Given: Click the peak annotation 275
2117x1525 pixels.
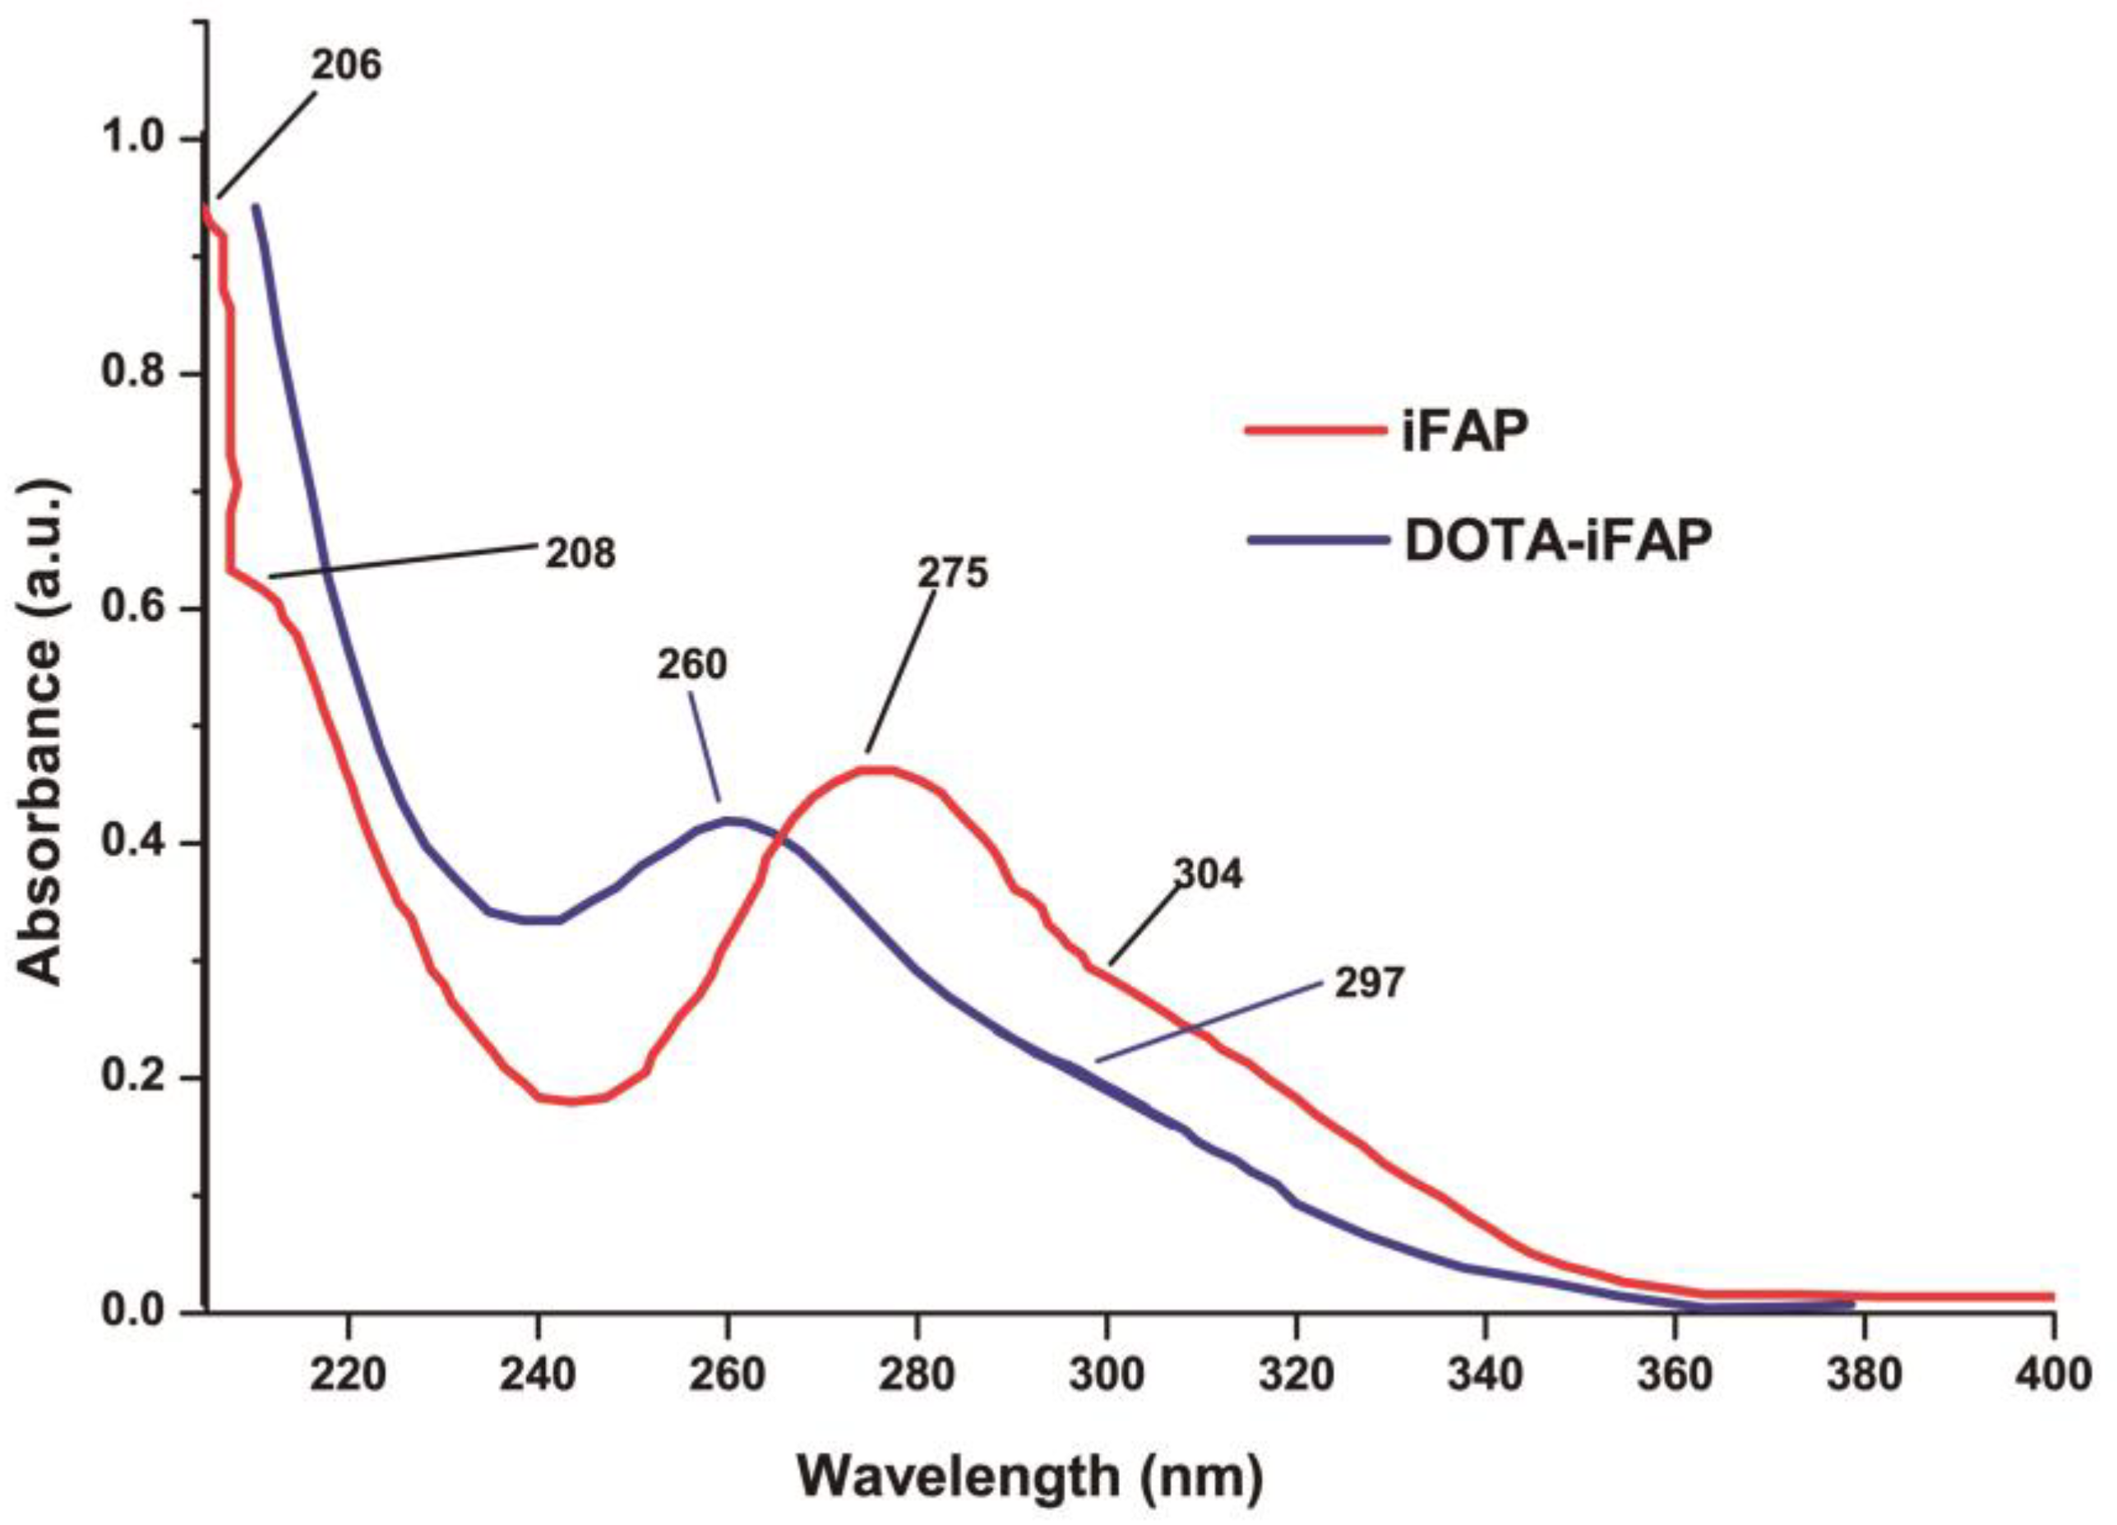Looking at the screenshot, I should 951,573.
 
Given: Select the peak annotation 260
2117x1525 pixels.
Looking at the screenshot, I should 691,664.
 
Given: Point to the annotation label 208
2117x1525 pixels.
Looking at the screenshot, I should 580,554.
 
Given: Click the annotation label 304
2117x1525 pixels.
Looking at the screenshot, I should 1208,875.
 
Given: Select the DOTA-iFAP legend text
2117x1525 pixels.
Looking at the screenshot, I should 1559,540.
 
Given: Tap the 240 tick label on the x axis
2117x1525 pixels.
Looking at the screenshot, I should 538,1375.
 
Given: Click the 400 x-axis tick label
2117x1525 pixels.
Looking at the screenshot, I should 2053,1375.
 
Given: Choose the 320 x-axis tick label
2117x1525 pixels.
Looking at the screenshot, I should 1297,1375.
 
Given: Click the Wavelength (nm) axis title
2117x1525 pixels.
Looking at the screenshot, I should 1029,1476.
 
